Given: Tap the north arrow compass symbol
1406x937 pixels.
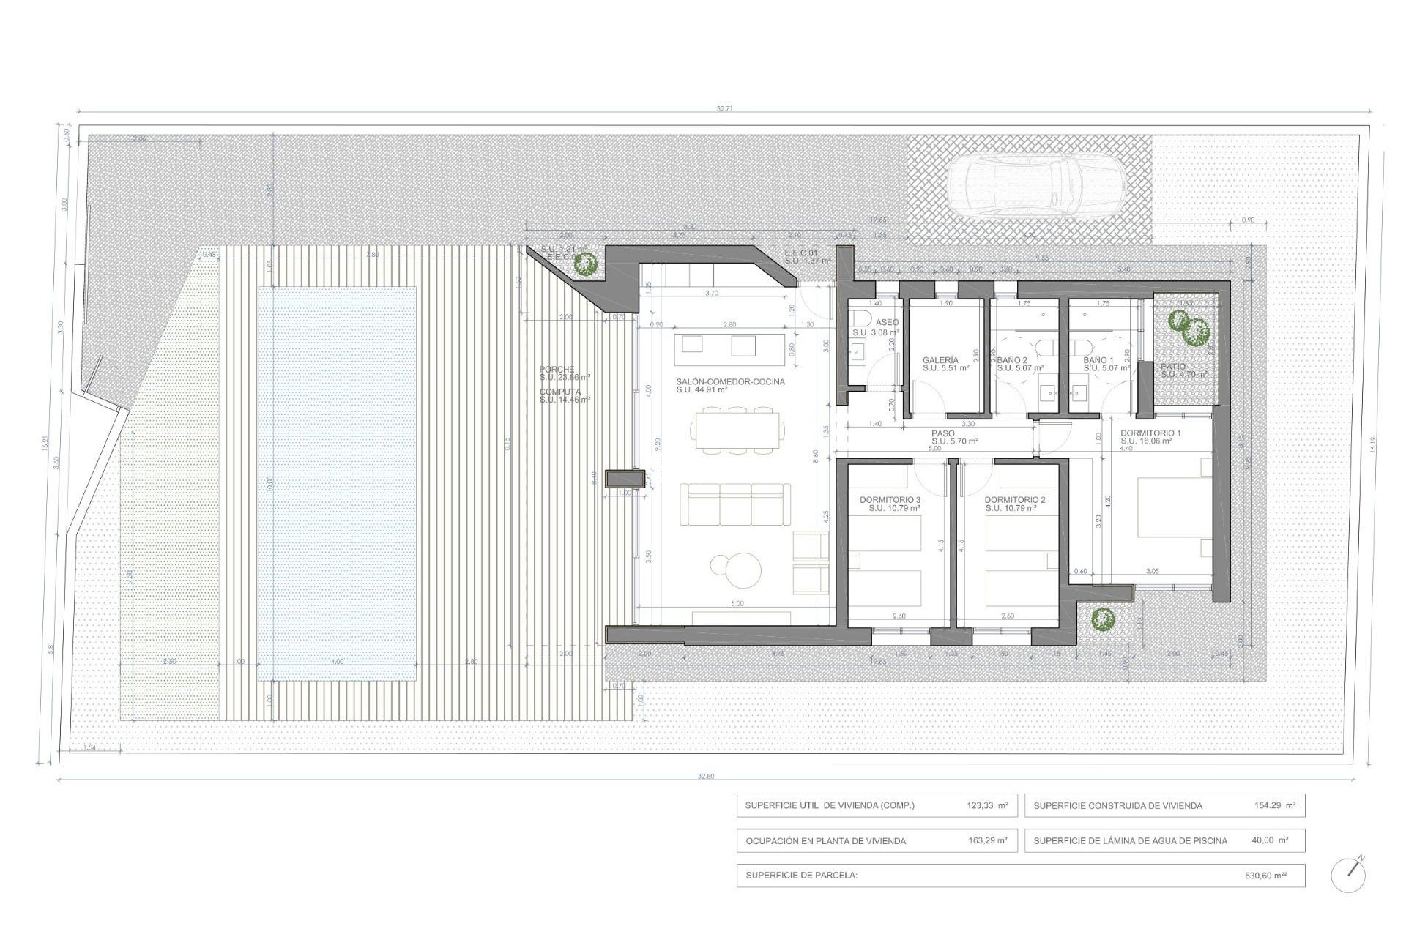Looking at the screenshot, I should pos(1348,874).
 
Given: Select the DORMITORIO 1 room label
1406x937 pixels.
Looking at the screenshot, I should pos(1150,433).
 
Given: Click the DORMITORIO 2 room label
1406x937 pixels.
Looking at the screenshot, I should pos(1015,500).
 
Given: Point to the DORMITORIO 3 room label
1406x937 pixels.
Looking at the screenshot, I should pos(890,500).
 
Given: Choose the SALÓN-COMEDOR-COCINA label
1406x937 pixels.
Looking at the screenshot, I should pos(730,381).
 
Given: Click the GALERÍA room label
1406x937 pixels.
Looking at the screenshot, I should pos(940,360).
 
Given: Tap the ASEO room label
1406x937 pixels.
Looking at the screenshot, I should pos(887,322).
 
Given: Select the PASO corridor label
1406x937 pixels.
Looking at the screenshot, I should pos(943,433).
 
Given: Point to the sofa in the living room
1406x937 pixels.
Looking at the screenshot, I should pos(734,504).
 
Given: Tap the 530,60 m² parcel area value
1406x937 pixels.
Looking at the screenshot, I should pos(1265,876).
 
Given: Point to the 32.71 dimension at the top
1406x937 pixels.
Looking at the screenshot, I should pos(724,108).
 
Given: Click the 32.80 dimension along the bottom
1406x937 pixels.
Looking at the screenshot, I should pos(705,776).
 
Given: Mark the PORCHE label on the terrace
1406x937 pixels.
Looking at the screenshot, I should pos(557,370).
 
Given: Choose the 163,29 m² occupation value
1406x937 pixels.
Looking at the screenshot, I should pos(987,840).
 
